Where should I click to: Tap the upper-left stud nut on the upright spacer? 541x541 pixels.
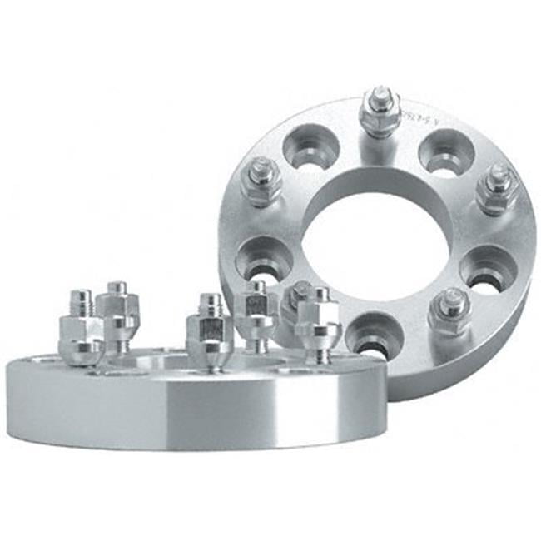tap(261, 180)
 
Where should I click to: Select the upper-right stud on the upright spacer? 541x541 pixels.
tap(498, 188)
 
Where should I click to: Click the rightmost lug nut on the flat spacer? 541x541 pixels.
tap(320, 320)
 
